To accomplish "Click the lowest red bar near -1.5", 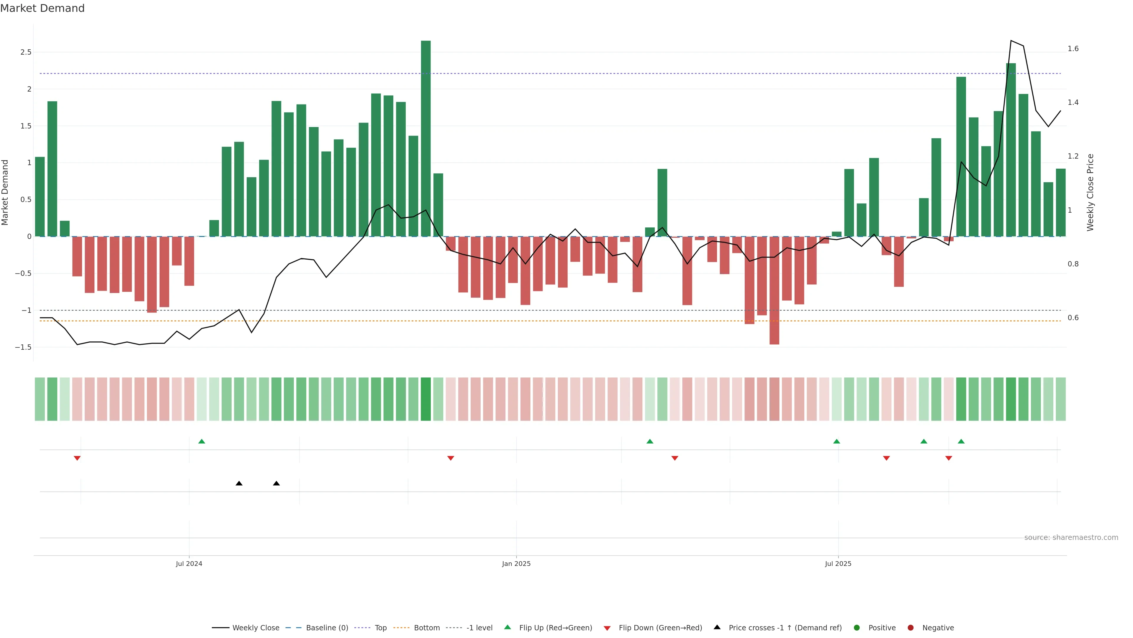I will point(774,291).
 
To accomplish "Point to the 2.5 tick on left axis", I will point(26,52).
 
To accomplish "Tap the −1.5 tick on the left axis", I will point(23,347).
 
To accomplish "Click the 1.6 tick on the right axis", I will point(1073,49).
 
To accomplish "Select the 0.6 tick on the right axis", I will point(1073,318).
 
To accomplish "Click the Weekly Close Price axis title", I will point(1090,192).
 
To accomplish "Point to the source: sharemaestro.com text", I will point(1071,538).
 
